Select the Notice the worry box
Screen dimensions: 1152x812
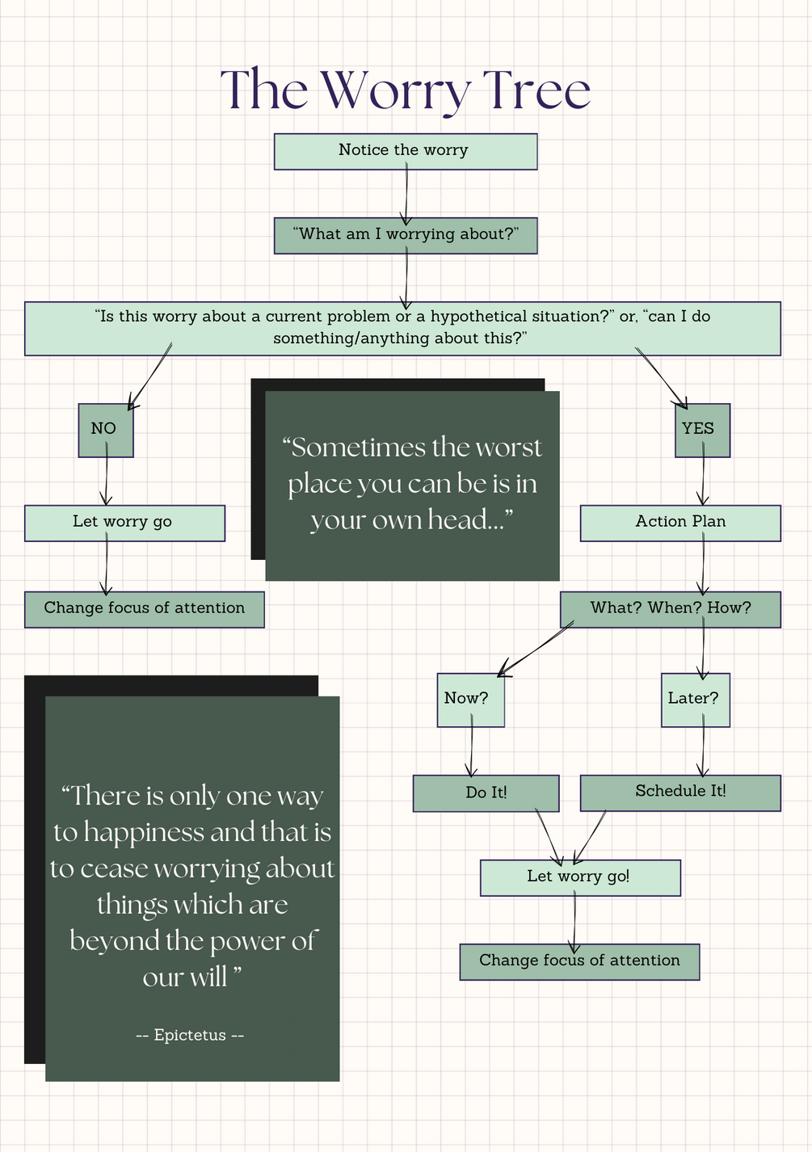point(405,151)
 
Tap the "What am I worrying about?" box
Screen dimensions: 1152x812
point(405,235)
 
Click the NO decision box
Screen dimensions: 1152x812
point(105,430)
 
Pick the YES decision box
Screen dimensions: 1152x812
point(701,430)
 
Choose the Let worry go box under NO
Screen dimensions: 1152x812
point(124,523)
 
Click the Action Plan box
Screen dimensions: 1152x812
point(679,523)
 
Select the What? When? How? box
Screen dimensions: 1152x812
point(670,609)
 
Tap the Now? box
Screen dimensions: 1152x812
point(470,700)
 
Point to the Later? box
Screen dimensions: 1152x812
point(695,700)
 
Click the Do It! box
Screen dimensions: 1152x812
point(486,793)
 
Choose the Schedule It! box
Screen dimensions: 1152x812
point(679,793)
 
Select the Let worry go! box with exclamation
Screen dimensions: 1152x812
point(579,877)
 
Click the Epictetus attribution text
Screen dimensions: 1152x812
point(190,1035)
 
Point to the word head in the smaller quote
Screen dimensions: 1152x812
point(457,519)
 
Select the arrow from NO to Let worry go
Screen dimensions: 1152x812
point(106,481)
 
